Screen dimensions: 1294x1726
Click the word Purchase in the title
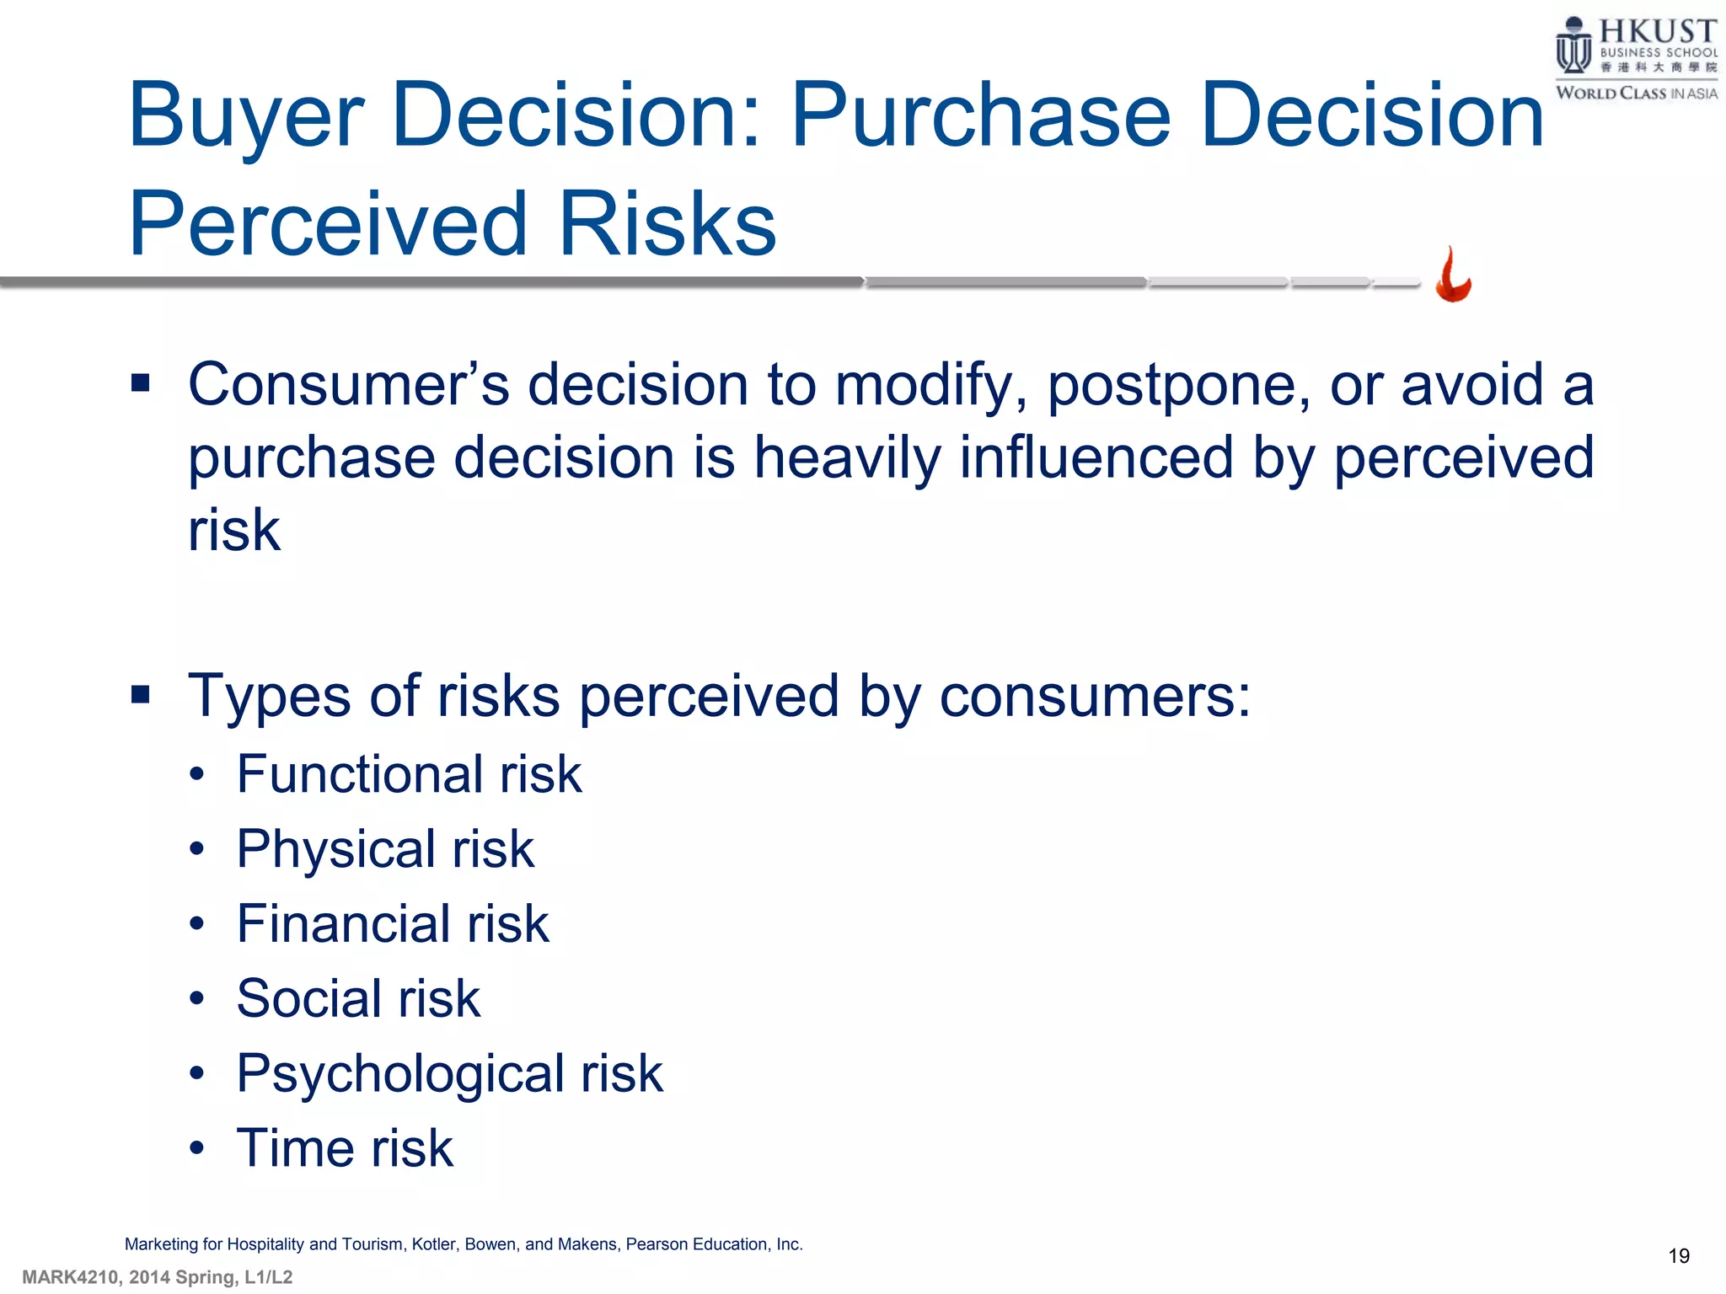coord(981,115)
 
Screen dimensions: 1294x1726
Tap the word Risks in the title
coord(667,224)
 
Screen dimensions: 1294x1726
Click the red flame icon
coord(1453,275)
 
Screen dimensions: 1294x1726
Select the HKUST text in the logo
coord(1657,32)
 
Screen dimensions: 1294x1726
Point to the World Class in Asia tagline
coord(1636,94)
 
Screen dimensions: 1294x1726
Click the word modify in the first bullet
coord(930,386)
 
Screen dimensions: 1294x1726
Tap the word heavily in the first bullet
coord(846,458)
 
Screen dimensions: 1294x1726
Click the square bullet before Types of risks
coord(141,695)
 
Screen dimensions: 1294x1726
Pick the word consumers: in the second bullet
coord(1095,698)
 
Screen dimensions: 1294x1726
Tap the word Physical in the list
coord(336,849)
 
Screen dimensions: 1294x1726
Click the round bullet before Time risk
coord(197,1148)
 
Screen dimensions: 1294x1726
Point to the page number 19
coord(1678,1256)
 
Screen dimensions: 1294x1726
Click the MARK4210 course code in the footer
coord(71,1277)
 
